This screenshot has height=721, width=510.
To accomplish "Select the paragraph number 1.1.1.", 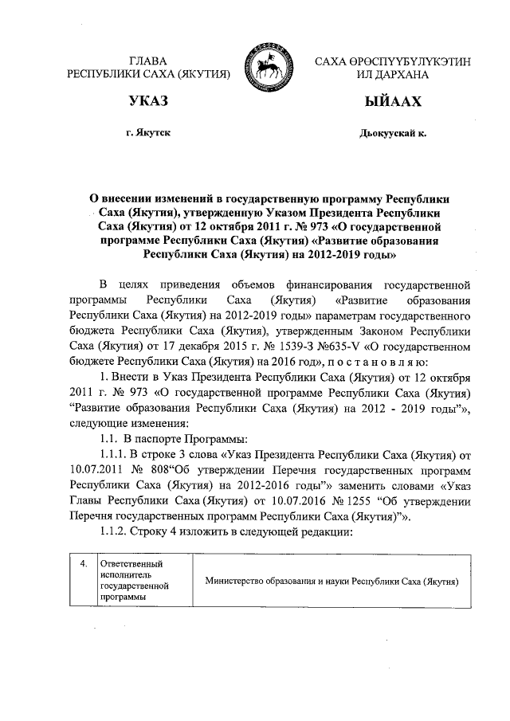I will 109,453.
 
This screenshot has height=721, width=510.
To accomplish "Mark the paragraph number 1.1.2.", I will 109,532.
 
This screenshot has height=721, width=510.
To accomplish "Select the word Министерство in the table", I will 236,582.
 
